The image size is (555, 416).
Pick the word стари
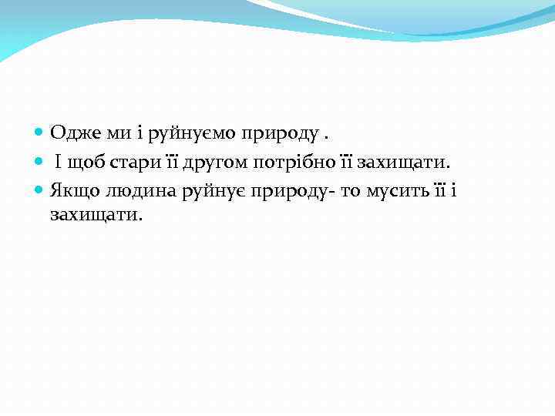[138, 162]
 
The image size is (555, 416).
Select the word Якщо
[75, 190]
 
